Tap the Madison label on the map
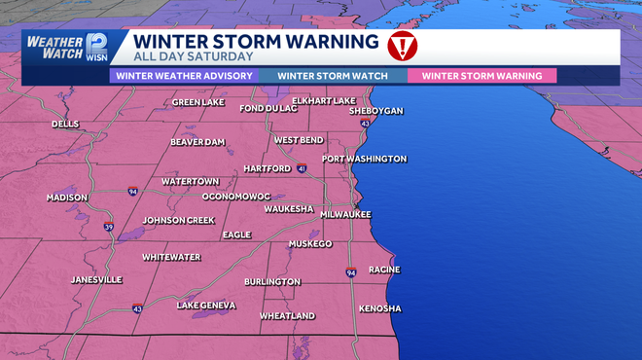point(67,198)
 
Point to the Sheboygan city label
point(375,112)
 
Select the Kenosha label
point(379,308)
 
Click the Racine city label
point(384,270)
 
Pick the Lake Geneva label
point(206,306)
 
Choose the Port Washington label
point(364,159)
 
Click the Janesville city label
point(96,279)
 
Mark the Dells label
point(65,124)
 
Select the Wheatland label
point(287,316)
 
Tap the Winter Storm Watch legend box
point(333,75)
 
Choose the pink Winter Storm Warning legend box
point(482,75)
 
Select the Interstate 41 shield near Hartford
point(303,169)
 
